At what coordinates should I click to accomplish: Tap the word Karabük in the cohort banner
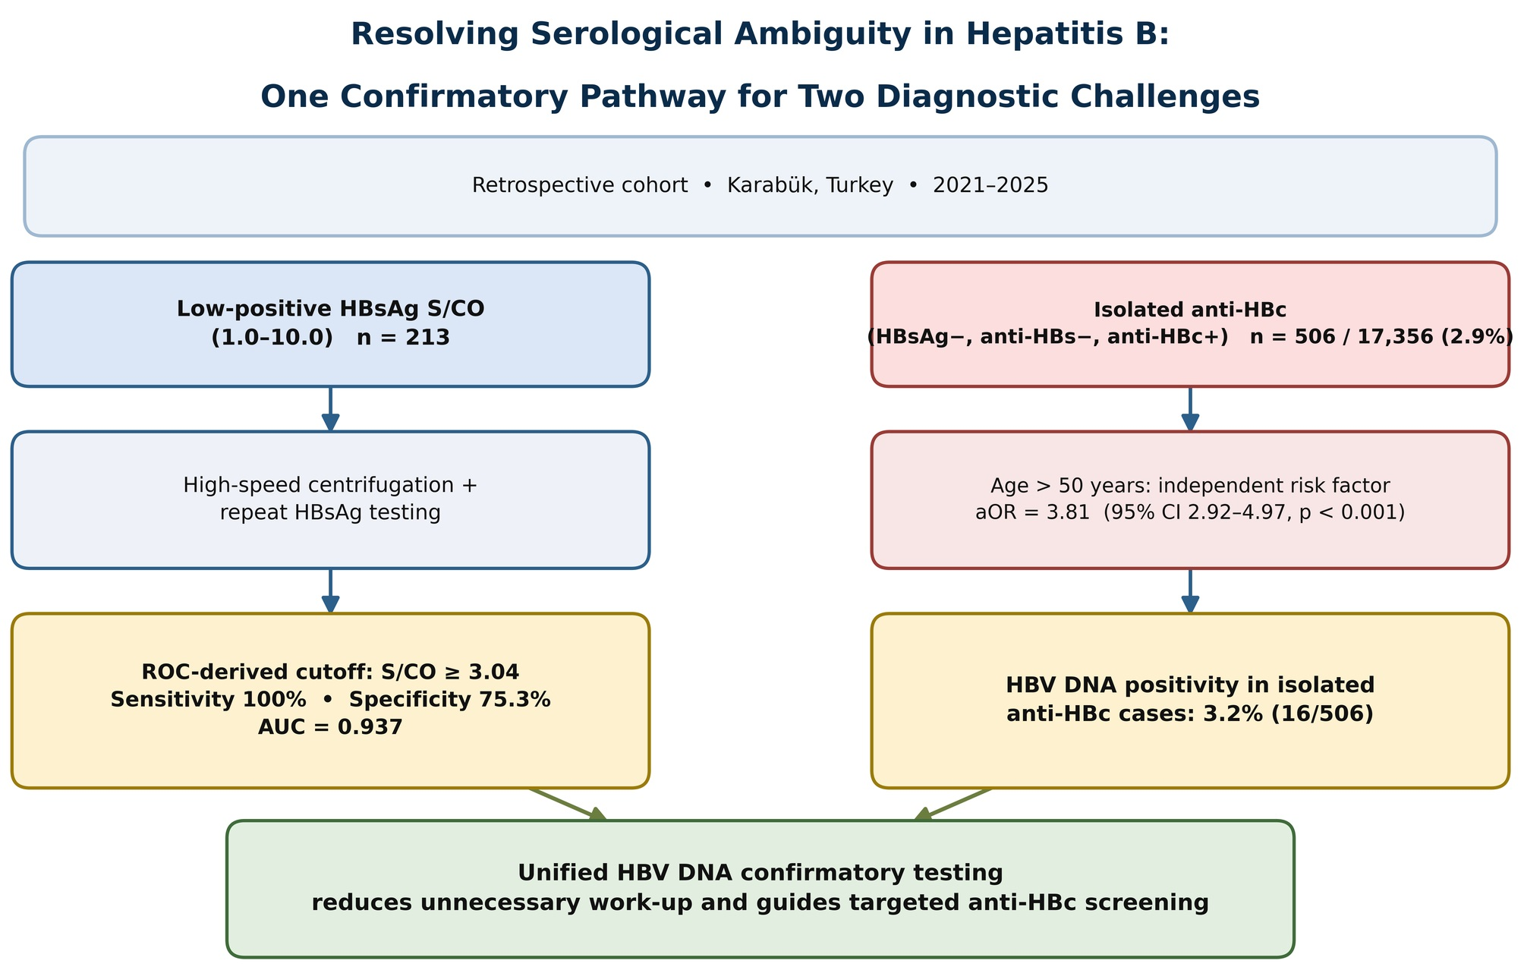tap(810, 185)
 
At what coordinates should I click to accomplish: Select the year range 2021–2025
tap(990, 185)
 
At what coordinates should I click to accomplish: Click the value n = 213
tap(403, 338)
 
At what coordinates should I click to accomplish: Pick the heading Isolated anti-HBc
tap(1189, 310)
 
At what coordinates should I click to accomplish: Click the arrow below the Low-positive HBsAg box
tap(330, 409)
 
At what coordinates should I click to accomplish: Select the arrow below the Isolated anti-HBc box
tap(1190, 409)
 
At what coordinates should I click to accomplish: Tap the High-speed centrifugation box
tap(330, 499)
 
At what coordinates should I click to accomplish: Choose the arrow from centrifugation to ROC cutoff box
tap(330, 591)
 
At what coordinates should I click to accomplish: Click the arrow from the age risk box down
tap(1190, 591)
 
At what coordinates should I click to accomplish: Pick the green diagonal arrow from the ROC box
tap(568, 805)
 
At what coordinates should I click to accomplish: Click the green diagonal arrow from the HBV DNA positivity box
tap(952, 805)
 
